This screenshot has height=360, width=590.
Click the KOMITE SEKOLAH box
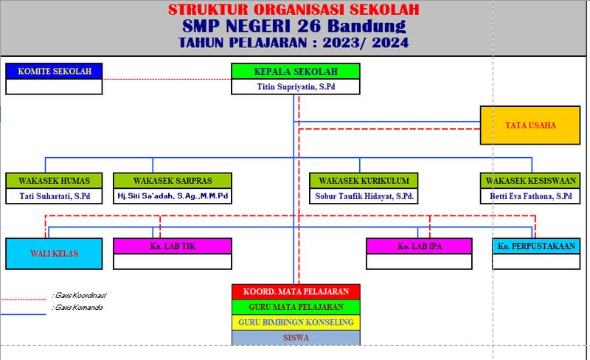coord(54,72)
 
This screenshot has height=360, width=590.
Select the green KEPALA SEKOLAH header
coord(296,72)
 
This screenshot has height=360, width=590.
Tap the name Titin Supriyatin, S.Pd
coord(296,87)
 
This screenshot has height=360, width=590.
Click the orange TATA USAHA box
coord(530,125)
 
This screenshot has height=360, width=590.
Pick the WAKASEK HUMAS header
coord(54,181)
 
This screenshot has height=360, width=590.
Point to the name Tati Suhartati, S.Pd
coord(54,196)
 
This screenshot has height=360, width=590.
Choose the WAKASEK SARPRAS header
coord(173,181)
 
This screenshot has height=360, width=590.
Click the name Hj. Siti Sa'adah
coord(173,196)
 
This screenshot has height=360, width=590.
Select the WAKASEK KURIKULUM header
coord(364,181)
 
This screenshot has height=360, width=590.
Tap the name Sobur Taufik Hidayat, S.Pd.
coord(364,196)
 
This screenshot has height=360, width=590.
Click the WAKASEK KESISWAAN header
coord(530,181)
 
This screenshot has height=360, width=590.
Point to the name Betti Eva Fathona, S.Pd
coord(530,196)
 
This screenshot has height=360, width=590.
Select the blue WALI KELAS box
coord(54,254)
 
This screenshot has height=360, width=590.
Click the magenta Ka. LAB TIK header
coord(173,246)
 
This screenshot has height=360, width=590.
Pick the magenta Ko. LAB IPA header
coord(418,246)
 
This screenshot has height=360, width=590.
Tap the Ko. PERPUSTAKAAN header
coord(536,246)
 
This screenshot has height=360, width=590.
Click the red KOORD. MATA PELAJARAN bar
coord(296,291)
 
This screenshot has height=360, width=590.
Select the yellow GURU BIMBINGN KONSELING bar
coord(296,322)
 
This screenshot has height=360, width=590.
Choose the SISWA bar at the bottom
coord(296,338)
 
